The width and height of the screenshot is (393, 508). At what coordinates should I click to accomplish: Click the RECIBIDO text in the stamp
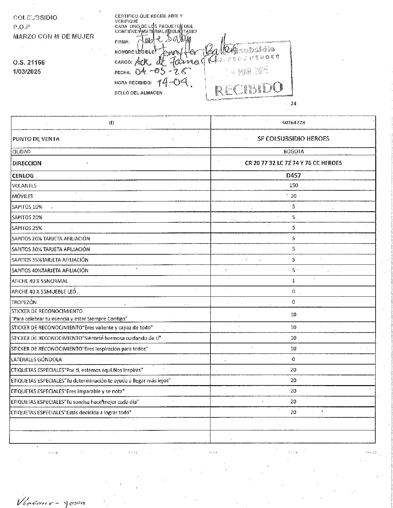[x=249, y=88]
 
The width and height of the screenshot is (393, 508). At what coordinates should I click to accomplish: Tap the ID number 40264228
[x=293, y=123]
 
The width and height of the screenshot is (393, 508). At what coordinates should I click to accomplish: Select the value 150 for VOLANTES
[x=293, y=185]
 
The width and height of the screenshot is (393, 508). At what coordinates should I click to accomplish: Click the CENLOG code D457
[x=293, y=175]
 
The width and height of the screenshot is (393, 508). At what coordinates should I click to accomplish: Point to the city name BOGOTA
[x=293, y=151]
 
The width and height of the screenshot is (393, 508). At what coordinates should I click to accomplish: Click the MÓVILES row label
[x=22, y=196]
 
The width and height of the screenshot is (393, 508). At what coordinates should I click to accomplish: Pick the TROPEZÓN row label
[x=24, y=302]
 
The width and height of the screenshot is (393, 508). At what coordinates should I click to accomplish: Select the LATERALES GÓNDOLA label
[x=36, y=359]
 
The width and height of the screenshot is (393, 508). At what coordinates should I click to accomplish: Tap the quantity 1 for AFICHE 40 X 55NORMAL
[x=293, y=281]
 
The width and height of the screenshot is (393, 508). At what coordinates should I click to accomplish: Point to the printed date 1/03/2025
[x=27, y=72]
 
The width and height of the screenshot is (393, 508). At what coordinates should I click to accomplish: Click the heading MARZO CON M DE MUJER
[x=53, y=36]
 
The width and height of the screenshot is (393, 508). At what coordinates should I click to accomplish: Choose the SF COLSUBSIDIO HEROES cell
[x=293, y=138]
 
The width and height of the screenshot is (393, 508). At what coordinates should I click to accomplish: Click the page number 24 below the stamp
[x=293, y=104]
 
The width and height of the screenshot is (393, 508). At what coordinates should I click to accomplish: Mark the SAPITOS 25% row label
[x=27, y=228]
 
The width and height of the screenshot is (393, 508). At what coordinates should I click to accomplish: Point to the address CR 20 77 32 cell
[x=293, y=163]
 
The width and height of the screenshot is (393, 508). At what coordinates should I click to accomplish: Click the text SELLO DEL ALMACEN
[x=138, y=93]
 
